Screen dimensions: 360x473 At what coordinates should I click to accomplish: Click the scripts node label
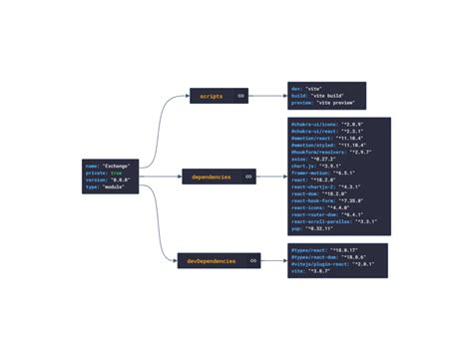click(x=212, y=96)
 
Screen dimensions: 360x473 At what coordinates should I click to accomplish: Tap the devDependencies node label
click(x=212, y=260)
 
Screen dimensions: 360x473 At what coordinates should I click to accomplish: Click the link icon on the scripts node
click(x=240, y=96)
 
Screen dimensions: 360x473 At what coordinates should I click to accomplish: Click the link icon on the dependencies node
click(x=248, y=177)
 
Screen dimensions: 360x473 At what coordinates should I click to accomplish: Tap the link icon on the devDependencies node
click(x=252, y=260)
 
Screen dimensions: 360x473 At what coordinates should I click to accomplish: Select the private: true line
click(x=104, y=172)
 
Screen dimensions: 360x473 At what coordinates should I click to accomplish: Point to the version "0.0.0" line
click(x=108, y=179)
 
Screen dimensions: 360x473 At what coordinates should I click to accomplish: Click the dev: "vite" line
click(x=304, y=88)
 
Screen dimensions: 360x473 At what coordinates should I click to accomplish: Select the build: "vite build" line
click(x=313, y=96)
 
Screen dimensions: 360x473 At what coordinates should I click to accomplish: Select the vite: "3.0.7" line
click(x=309, y=270)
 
